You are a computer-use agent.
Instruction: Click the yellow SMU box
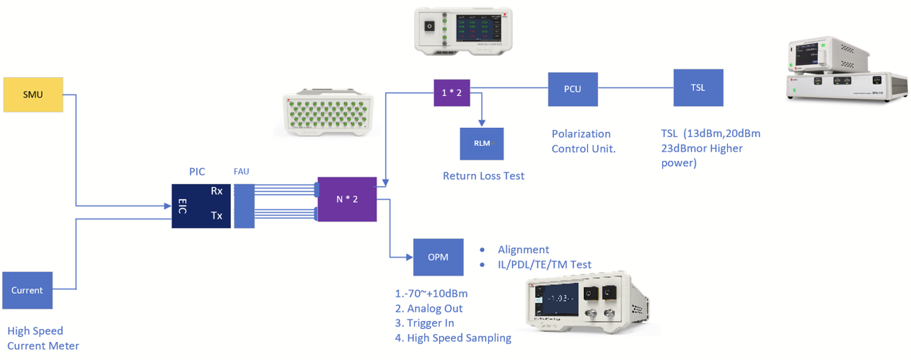33,95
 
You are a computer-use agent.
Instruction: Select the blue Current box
27,290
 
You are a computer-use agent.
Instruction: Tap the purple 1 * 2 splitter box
452,93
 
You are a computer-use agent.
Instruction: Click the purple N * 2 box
347,199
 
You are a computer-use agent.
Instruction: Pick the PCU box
572,89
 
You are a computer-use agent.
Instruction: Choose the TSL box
697,88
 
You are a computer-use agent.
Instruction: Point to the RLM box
482,144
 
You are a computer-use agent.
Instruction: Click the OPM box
438,257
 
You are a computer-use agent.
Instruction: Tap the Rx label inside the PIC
216,191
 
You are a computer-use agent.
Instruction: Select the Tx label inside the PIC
216,216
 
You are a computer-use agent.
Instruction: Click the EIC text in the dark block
183,206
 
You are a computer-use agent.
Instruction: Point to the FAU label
242,172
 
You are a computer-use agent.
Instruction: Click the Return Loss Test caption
483,176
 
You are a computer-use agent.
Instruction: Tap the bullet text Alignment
523,250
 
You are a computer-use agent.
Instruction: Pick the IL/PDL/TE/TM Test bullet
544,265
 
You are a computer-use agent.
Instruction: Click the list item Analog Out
429,309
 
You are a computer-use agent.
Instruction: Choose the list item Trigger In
429,323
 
